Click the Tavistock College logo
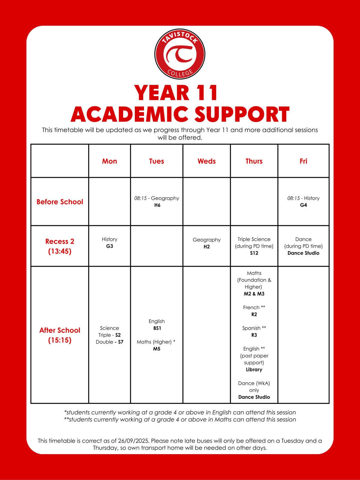(180, 54)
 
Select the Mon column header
(110, 161)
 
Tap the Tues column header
(156, 161)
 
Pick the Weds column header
(207, 161)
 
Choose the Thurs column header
(254, 161)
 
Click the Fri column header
(303, 161)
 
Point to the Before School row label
(60, 202)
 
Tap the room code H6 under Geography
(157, 205)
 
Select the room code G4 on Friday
(304, 205)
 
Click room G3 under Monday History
(110, 246)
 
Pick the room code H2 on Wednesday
(207, 247)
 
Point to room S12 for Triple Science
(254, 253)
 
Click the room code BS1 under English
(157, 328)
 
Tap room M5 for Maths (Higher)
(157, 349)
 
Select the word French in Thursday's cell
(251, 307)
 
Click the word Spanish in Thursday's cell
(251, 328)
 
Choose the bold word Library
(254, 370)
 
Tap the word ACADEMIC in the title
(129, 115)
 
